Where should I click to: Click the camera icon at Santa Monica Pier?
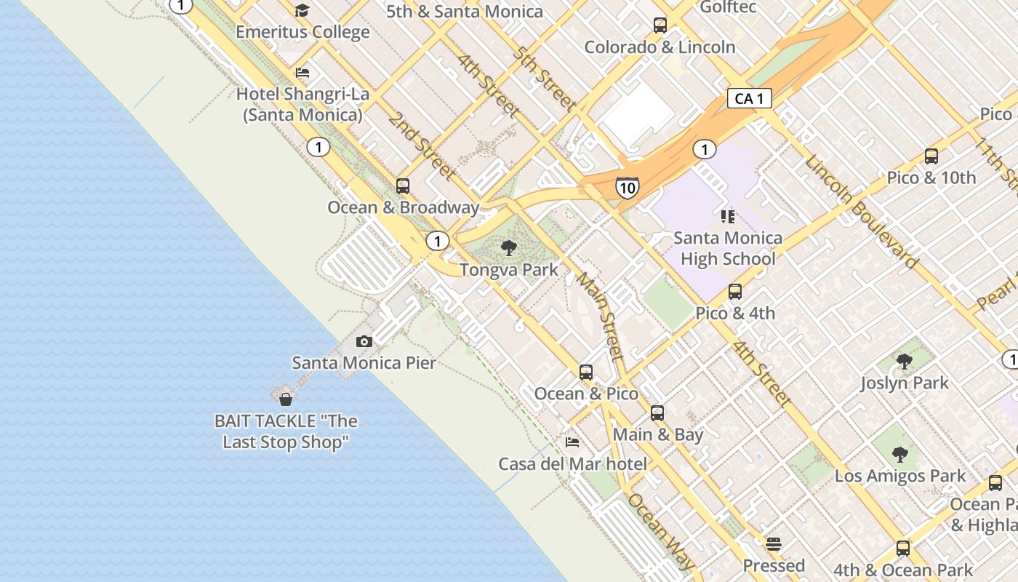(x=364, y=341)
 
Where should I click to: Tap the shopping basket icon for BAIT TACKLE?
(x=286, y=399)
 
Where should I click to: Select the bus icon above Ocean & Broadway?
(x=403, y=186)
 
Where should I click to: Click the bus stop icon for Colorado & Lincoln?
(x=660, y=25)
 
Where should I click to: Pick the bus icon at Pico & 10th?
(x=931, y=156)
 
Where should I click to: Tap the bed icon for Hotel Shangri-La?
(x=302, y=73)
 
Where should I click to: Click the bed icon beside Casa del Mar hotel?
(x=572, y=442)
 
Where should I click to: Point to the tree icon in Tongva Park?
(x=509, y=249)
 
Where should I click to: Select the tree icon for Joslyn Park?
(x=905, y=362)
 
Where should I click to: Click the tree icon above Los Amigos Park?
(x=900, y=455)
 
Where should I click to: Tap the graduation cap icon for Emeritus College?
(x=302, y=11)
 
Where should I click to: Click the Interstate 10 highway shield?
(x=627, y=188)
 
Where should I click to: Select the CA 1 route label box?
(x=749, y=98)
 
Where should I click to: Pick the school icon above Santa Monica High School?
(x=727, y=217)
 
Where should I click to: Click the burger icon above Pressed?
(x=774, y=544)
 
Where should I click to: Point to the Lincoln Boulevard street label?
(x=862, y=212)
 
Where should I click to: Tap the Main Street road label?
(x=601, y=316)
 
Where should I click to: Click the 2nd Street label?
(x=421, y=146)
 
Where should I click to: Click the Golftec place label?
(x=728, y=7)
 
